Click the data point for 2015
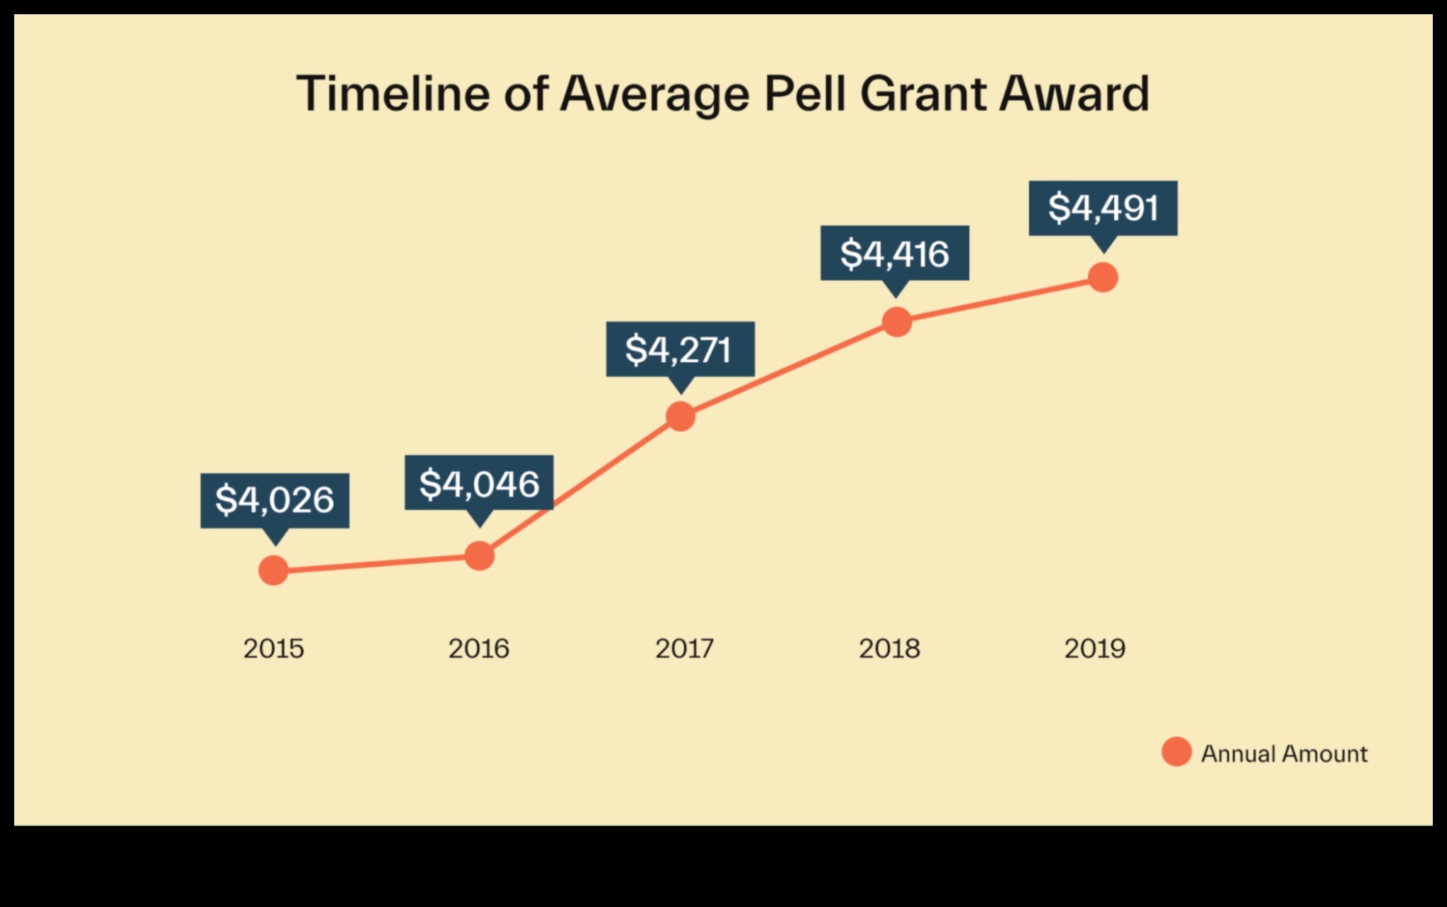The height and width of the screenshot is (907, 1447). (x=274, y=570)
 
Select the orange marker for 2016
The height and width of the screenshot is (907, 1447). (x=480, y=555)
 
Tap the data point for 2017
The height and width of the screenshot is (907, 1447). (x=681, y=416)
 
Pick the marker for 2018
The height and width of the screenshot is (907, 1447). (x=897, y=322)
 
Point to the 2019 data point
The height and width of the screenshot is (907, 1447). (x=1103, y=277)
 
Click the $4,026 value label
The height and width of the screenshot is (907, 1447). (x=275, y=500)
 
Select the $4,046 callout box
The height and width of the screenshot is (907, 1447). (x=479, y=483)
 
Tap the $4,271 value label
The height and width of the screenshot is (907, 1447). (x=680, y=349)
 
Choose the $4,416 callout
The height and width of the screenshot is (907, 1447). (x=895, y=253)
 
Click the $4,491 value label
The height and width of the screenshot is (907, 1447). (x=1103, y=207)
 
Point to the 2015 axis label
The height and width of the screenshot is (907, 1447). (x=273, y=648)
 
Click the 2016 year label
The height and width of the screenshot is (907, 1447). (x=478, y=648)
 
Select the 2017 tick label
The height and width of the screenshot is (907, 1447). (x=684, y=648)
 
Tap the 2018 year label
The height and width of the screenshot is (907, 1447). (x=889, y=648)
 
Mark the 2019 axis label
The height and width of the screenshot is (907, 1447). (x=1094, y=648)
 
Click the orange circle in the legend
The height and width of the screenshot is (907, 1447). (x=1176, y=751)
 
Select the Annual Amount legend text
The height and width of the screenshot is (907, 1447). (x=1284, y=754)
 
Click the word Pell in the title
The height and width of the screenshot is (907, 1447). (x=805, y=94)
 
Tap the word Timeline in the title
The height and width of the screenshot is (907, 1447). (x=392, y=94)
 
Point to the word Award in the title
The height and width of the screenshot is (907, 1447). (x=1074, y=94)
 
